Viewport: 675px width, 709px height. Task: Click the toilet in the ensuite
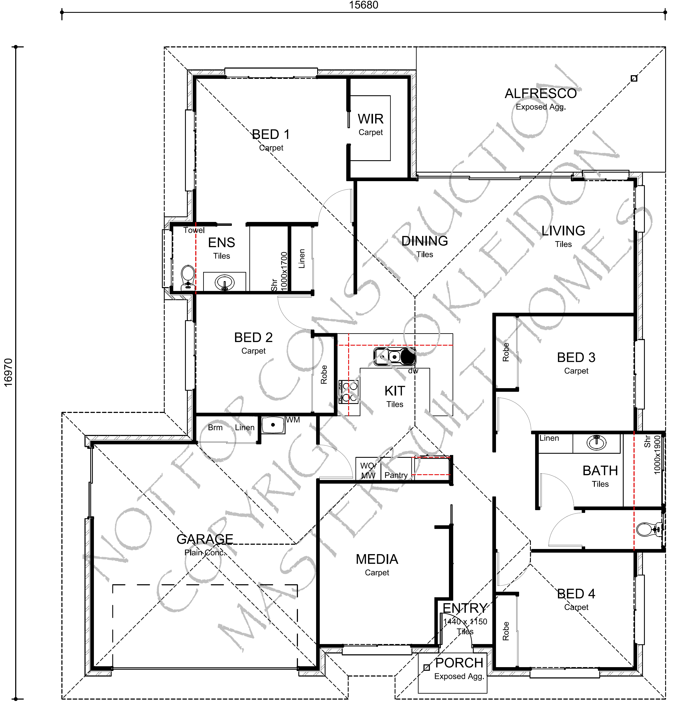coord(187,278)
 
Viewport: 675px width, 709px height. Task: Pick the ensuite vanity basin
coord(225,282)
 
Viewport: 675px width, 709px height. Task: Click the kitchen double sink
coord(395,357)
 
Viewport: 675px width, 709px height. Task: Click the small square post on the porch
coord(427,668)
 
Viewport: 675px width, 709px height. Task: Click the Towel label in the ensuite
coord(194,230)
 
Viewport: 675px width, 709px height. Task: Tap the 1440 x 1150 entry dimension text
coord(465,621)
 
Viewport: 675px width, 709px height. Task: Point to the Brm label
coord(215,428)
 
